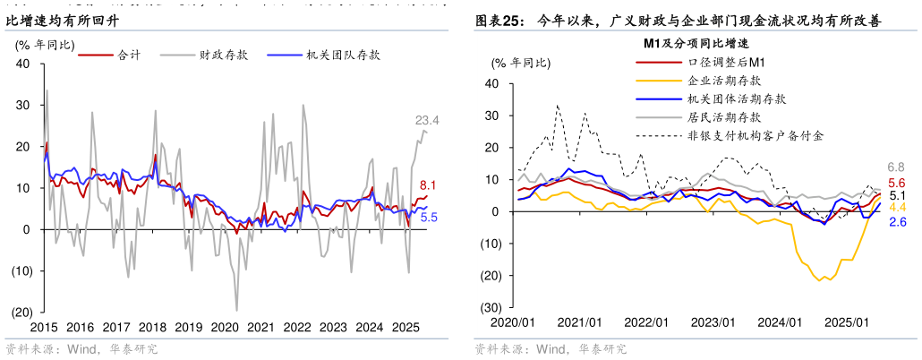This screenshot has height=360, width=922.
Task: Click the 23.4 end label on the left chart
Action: (x=427, y=120)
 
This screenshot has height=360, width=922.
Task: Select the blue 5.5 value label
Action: (x=429, y=217)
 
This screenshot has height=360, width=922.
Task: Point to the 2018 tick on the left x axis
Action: (x=154, y=328)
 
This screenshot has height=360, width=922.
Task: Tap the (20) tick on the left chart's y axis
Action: (x=19, y=312)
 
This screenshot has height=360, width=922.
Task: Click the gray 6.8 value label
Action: (x=895, y=167)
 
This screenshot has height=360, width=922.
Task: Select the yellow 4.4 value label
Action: (x=896, y=208)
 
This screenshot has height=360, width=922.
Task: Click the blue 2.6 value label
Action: (x=896, y=221)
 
